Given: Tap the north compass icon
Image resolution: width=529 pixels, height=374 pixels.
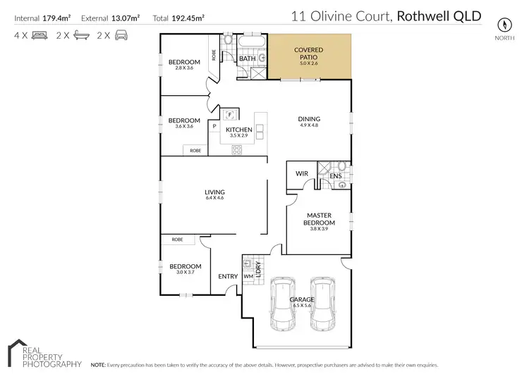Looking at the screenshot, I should click(504, 23).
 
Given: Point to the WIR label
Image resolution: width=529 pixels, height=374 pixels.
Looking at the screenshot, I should click(302, 173).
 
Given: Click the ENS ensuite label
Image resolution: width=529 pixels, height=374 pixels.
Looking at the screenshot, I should click(336, 176).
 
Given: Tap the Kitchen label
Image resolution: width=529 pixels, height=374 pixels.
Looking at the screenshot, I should click(239, 130).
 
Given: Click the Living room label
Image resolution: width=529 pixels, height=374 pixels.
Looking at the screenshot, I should click(214, 192).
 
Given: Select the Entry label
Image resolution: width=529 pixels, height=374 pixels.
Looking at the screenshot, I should click(228, 277).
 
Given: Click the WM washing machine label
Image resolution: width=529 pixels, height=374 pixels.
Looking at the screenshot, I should click(248, 277).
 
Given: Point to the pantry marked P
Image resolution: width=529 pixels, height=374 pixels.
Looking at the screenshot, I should click(214, 126).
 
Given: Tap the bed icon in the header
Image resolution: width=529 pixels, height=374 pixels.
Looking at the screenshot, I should click(39, 35).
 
